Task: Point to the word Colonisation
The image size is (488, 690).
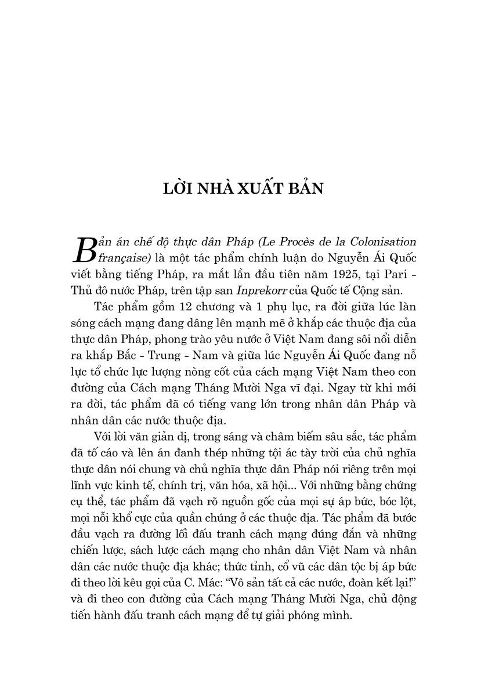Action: point(384,241)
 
